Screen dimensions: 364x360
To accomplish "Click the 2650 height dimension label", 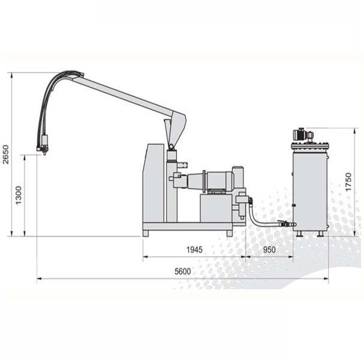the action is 5,154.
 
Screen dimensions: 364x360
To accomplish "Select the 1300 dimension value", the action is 19,195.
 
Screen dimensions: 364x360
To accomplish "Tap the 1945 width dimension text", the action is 194,250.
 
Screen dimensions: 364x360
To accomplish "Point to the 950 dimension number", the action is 269,250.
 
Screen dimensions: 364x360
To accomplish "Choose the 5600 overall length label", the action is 183,271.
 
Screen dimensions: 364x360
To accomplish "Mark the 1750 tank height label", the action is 348,182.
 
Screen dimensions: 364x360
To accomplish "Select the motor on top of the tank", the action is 303,134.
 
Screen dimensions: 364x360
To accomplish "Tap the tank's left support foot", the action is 299,233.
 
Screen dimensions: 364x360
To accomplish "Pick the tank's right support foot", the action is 321,233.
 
